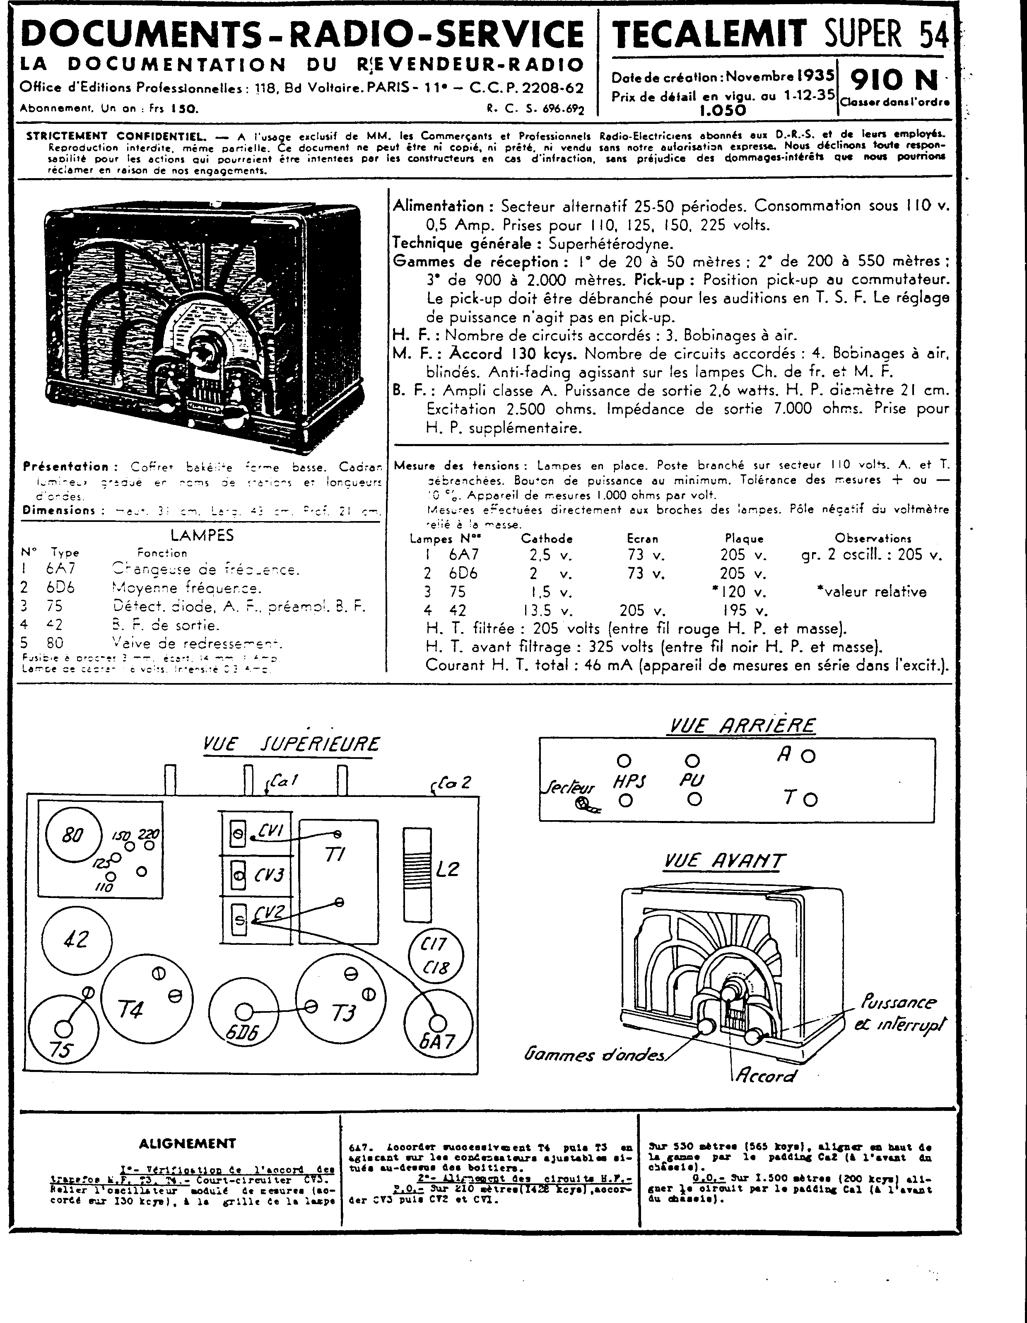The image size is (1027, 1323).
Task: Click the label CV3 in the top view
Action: tap(269, 876)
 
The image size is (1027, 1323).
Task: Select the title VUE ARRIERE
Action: tap(741, 725)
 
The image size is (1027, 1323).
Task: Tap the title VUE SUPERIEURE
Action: tap(291, 744)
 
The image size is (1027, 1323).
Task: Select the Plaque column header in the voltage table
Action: tap(744, 538)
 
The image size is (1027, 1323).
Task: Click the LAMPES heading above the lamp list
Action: tap(202, 535)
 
